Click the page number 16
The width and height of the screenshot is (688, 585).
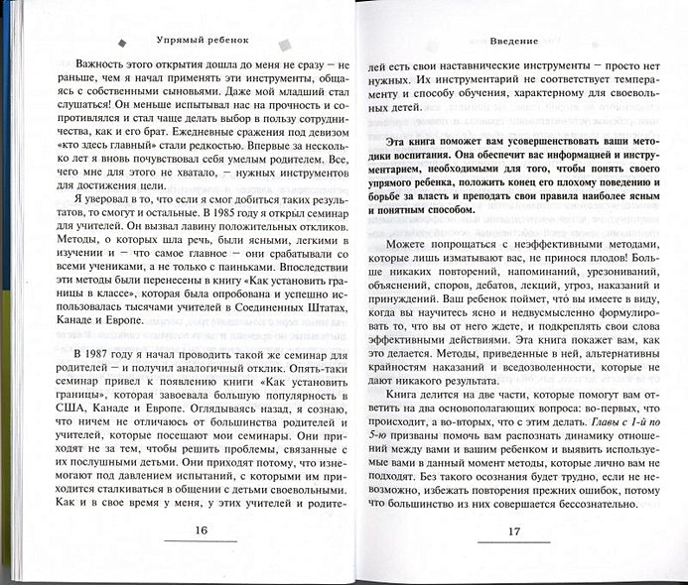201,530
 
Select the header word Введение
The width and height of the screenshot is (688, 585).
513,43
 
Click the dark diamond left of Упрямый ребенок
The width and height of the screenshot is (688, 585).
121,43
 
